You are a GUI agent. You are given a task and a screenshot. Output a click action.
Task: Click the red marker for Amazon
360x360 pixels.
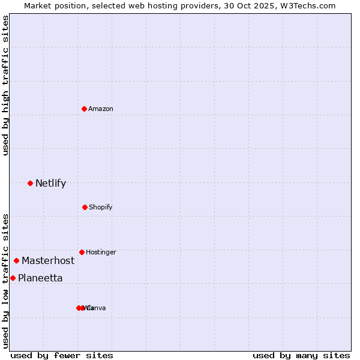tap(85, 109)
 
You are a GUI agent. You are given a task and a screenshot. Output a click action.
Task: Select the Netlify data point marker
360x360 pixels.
tap(30, 183)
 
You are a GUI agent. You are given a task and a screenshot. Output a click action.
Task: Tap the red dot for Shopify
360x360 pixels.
tap(85, 207)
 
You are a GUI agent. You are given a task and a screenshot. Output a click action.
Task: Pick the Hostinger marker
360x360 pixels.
tap(82, 252)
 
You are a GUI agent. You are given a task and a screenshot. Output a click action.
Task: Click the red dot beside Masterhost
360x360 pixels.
tap(16, 260)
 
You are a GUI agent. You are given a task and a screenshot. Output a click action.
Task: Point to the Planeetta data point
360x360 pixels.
tap(13, 278)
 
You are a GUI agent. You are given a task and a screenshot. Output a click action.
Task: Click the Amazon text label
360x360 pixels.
tap(101, 109)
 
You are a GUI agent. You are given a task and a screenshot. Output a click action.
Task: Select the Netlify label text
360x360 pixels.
tap(50, 183)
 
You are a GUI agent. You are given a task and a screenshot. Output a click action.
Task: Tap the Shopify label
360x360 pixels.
tap(101, 207)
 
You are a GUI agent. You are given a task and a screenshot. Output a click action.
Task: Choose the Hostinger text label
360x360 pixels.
tap(101, 252)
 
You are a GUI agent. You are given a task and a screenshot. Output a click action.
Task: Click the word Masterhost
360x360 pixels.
tap(48, 260)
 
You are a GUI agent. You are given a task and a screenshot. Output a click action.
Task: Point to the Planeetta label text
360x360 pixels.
tap(40, 278)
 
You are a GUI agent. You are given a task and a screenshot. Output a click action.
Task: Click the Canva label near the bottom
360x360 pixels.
tap(97, 308)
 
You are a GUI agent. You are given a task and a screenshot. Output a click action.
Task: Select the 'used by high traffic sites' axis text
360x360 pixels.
tap(5, 85)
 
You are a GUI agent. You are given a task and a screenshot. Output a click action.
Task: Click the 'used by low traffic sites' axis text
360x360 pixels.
tap(5, 281)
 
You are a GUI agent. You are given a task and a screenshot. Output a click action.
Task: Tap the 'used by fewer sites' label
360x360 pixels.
tap(62, 355)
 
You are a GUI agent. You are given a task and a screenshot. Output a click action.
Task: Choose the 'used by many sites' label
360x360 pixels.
tap(301, 355)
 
